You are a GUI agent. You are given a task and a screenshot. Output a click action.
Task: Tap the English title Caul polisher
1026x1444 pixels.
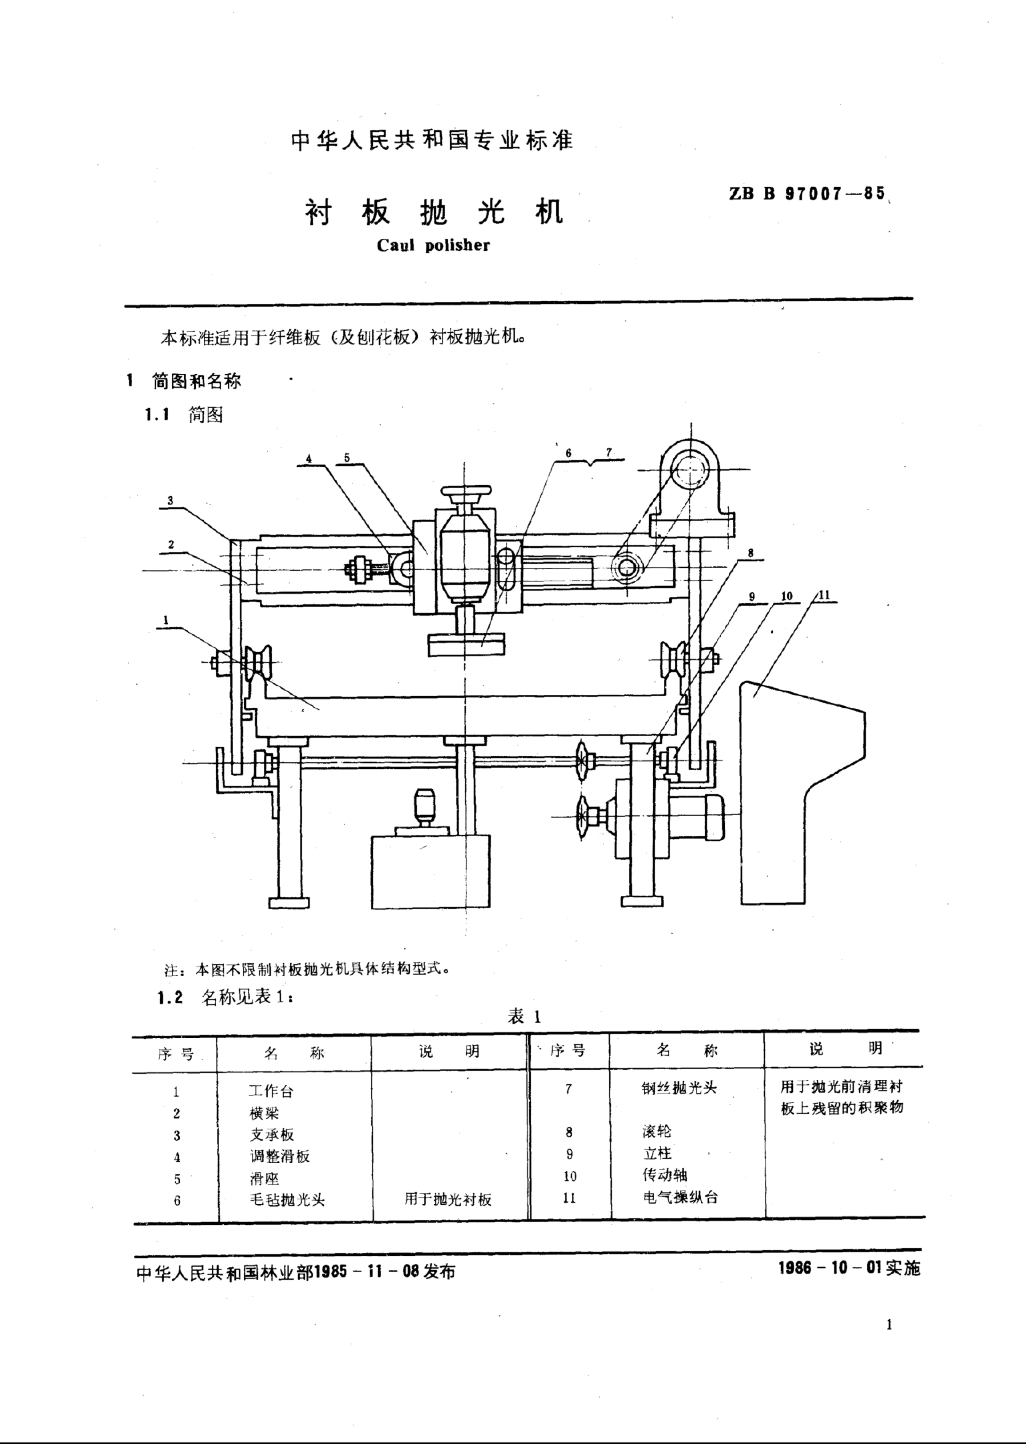click(433, 245)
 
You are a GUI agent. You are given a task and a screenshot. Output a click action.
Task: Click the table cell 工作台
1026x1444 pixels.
click(271, 1090)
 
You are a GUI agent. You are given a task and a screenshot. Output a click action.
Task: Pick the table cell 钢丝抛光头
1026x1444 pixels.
click(679, 1088)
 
